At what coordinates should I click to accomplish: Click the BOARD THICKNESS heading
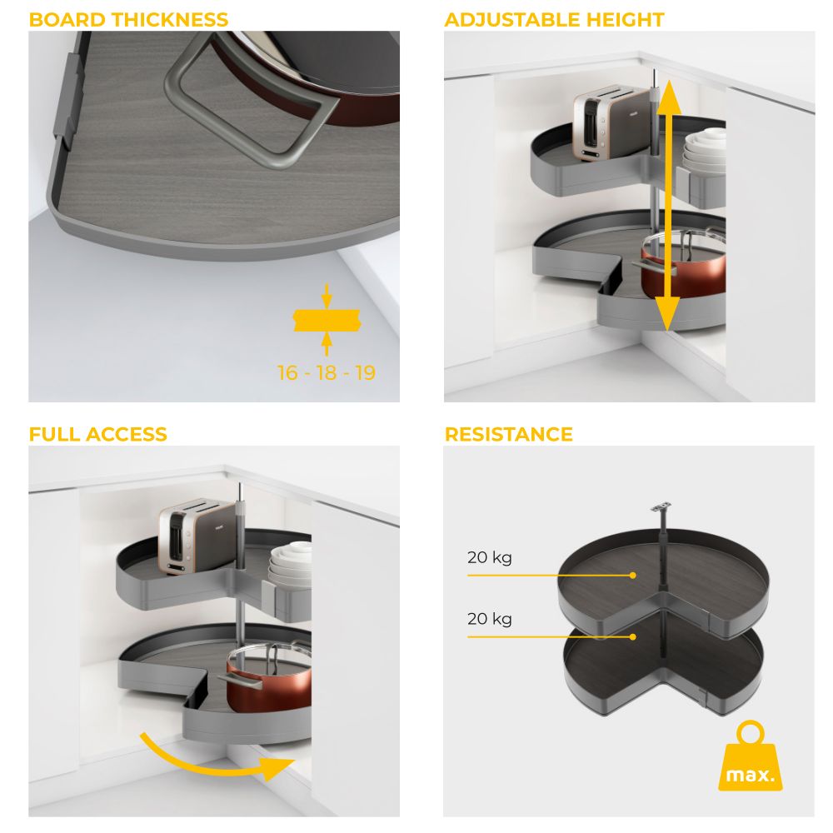pos(128,20)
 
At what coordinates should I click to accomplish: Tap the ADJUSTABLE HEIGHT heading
pos(554,20)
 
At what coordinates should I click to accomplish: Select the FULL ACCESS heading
pos(97,434)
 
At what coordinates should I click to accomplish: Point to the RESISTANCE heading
pos(508,434)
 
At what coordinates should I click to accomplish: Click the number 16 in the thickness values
pos(288,373)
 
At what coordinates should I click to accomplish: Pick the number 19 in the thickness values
pos(366,373)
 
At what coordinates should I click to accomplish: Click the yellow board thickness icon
pos(327,320)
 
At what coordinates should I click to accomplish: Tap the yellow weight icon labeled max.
pos(751,756)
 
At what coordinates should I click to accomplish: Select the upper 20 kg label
pos(489,558)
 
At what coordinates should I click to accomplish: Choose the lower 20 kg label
pos(489,619)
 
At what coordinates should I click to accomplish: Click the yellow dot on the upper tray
pos(633,576)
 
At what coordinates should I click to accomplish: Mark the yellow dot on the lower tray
pos(633,636)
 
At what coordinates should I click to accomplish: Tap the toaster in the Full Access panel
pos(197,536)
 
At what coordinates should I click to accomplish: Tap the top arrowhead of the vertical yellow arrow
pos(669,97)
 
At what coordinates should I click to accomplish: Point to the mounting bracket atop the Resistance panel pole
pos(660,507)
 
